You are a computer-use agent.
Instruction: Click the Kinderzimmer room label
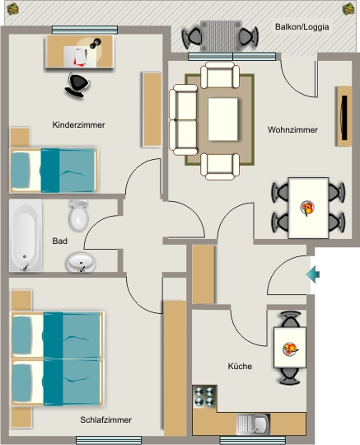pyautogui.click(x=78, y=125)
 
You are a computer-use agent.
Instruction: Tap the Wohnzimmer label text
pyautogui.click(x=292, y=130)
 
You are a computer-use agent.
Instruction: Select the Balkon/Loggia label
pyautogui.click(x=302, y=27)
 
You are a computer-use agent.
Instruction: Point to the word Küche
pyautogui.click(x=240, y=366)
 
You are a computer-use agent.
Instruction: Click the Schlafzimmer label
pyautogui.click(x=105, y=419)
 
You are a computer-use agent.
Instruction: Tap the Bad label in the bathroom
pyautogui.click(x=59, y=241)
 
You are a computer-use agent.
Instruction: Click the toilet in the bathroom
pyautogui.click(x=78, y=215)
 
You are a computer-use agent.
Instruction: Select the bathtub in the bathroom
pyautogui.click(x=26, y=235)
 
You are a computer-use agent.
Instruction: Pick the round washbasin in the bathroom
pyautogui.click(x=81, y=263)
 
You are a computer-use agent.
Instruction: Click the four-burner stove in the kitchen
pyautogui.click(x=204, y=396)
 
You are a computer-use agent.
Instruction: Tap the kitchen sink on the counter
pyautogui.click(x=253, y=424)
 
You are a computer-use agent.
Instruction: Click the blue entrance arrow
pyautogui.click(x=313, y=274)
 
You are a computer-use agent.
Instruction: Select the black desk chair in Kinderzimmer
pyautogui.click(x=77, y=85)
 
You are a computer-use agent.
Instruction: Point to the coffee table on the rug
pyautogui.click(x=222, y=119)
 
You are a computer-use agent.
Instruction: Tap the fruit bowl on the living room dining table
pyautogui.click(x=307, y=208)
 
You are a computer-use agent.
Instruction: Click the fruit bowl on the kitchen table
pyautogui.click(x=290, y=349)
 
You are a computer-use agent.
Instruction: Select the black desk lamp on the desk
pyautogui.click(x=96, y=43)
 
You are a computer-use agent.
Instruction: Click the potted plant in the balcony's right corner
pyautogui.click(x=348, y=9)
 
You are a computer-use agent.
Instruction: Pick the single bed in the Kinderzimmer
pyautogui.click(x=54, y=171)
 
